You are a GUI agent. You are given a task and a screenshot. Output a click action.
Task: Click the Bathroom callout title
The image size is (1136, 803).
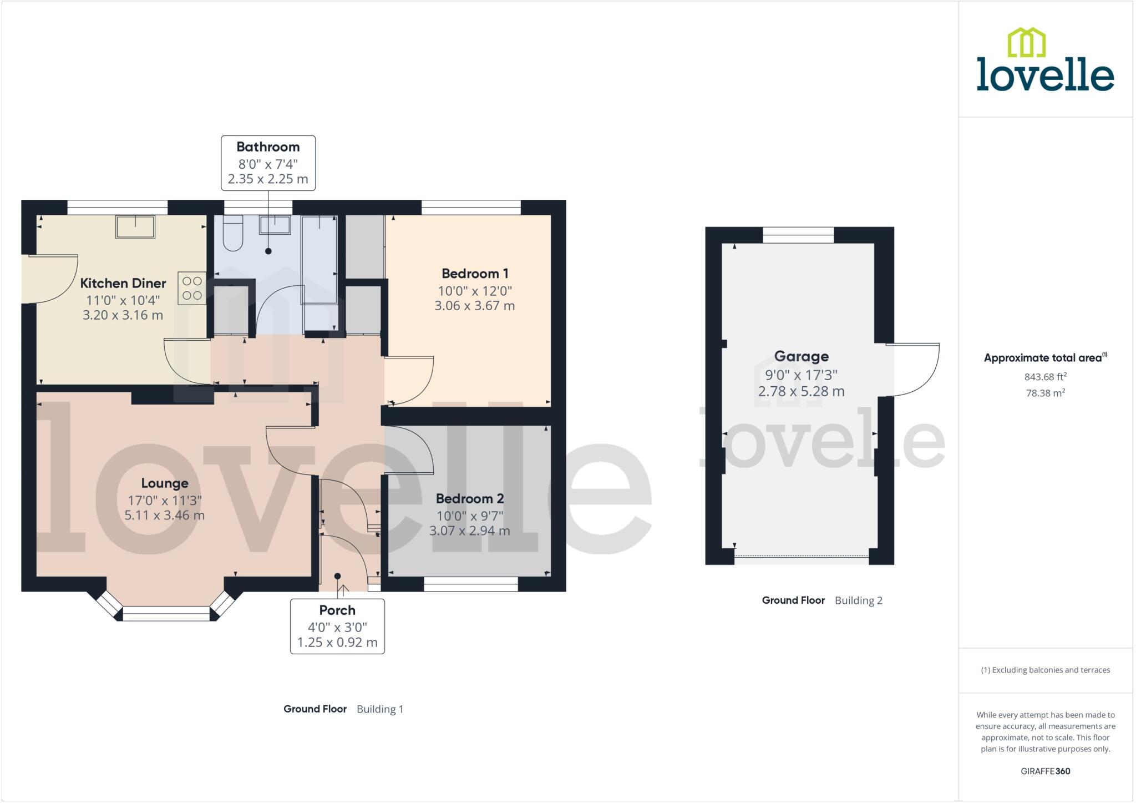268,147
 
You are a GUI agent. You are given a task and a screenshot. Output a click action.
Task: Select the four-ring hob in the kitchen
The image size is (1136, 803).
192,288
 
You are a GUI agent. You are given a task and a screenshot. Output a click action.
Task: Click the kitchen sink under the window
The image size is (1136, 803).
135,226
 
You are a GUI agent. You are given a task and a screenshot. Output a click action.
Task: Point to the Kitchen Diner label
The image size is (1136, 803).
123,284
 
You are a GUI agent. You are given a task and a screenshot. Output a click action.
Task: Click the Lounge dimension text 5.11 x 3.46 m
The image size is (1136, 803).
164,516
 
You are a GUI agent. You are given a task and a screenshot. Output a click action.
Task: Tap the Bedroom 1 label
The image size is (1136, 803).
475,274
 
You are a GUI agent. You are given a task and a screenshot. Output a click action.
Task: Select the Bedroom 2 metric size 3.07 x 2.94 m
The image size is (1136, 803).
469,531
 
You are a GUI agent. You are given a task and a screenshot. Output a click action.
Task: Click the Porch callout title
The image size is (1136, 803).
337,610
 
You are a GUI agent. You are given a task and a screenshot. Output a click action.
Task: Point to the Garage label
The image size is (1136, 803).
801,356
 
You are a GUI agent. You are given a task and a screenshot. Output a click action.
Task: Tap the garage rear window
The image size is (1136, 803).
798,235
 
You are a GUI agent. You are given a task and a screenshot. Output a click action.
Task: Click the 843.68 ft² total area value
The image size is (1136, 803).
1045,377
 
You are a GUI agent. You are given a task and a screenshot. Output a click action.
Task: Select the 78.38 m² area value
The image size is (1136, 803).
1045,393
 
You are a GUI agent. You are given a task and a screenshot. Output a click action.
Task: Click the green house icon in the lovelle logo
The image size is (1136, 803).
1026,43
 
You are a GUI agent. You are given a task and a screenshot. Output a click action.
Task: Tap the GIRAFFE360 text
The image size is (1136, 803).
1045,771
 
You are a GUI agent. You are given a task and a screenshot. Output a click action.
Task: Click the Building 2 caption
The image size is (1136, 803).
858,600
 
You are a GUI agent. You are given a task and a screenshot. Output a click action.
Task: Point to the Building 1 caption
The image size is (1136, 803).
380,709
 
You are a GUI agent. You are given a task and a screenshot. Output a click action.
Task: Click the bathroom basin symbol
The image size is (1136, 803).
275,225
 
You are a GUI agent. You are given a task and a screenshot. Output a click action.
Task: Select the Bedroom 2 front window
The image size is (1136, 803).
470,584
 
